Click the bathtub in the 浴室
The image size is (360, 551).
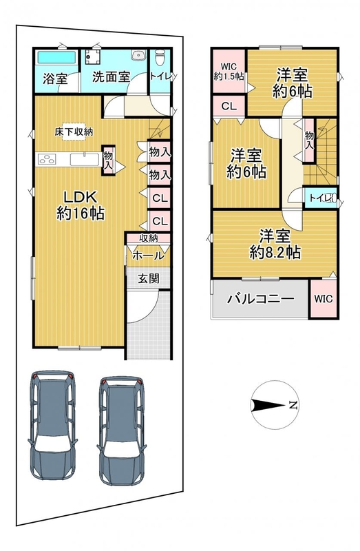[57, 57]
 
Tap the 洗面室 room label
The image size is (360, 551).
[111, 77]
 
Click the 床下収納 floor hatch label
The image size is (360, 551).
[74, 132]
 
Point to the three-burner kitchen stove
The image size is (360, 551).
[47, 160]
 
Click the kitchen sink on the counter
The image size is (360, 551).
[85, 159]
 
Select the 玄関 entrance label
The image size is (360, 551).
[148, 278]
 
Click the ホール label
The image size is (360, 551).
[148, 256]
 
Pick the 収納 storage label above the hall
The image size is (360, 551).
[149, 238]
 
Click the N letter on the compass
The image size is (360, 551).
[293, 405]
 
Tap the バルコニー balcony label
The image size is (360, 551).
[261, 299]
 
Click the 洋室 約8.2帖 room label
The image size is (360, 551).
[275, 245]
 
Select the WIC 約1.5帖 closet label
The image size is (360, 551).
[229, 72]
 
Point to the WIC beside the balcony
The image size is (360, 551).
[323, 299]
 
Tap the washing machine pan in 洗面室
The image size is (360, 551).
[93, 57]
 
